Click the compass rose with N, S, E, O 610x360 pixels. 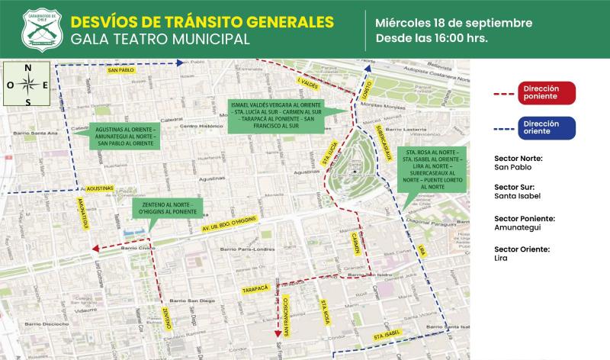tap(28, 85)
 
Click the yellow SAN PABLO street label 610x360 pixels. tap(122, 70)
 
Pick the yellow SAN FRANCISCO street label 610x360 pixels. tap(284, 314)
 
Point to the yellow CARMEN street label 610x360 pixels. tap(355, 245)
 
